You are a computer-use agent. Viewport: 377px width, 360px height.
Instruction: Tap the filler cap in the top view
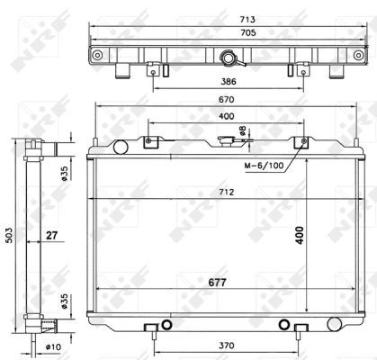[x=232, y=59]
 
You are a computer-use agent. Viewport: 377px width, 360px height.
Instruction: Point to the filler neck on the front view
[x=236, y=141]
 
